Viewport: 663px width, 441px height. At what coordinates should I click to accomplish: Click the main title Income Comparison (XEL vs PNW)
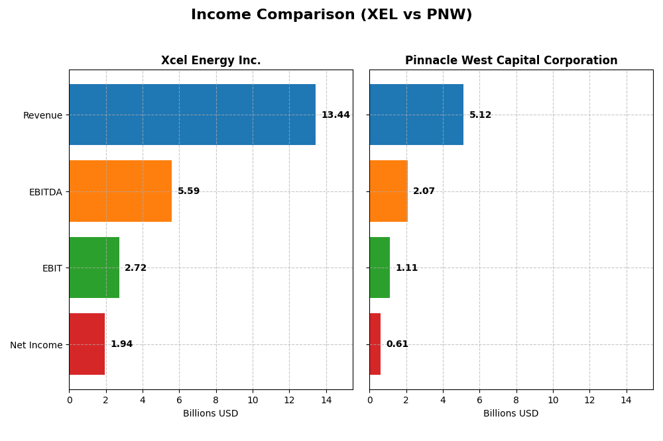click(x=331, y=15)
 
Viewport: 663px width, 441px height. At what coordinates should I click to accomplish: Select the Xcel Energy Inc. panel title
click(x=211, y=61)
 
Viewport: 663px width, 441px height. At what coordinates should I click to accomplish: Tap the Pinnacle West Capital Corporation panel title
click(x=511, y=61)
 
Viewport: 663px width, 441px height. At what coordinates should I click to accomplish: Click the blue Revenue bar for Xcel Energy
click(x=192, y=115)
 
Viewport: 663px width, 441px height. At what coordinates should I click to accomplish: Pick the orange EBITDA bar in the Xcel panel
click(x=120, y=191)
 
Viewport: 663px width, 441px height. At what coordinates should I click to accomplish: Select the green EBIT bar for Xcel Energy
click(x=94, y=268)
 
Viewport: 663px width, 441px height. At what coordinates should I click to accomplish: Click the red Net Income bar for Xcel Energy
click(x=87, y=344)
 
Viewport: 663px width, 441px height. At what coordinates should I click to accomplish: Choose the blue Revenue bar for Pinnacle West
click(x=416, y=115)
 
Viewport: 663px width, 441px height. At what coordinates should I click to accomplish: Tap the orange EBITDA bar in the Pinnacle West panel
click(x=389, y=191)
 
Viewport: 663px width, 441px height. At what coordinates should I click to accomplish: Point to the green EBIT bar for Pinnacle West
click(x=379, y=268)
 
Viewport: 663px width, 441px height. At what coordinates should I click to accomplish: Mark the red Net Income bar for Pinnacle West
click(x=375, y=344)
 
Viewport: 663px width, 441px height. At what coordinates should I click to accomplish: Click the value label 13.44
click(x=335, y=115)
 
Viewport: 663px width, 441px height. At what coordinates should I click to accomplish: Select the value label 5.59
click(x=188, y=191)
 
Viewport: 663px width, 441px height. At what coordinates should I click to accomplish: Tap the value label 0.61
click(x=397, y=344)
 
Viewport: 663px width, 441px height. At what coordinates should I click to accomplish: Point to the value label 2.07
click(x=424, y=191)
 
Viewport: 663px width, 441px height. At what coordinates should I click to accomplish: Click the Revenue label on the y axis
click(x=42, y=115)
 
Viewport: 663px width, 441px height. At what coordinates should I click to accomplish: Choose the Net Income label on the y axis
click(x=36, y=345)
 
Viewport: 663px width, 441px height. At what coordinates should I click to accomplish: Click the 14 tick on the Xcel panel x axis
click(x=326, y=400)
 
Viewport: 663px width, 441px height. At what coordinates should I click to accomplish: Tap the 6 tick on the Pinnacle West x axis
click(x=479, y=400)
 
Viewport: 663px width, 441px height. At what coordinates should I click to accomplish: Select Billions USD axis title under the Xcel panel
click(x=211, y=414)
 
